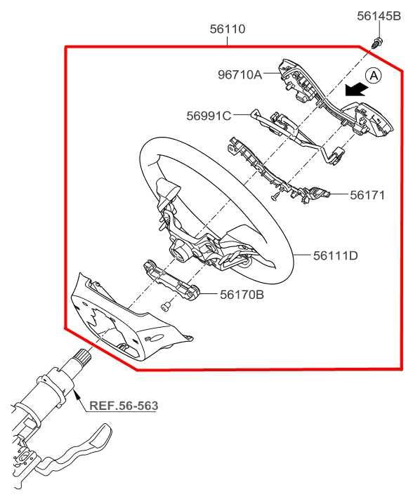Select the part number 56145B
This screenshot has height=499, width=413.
point(379,15)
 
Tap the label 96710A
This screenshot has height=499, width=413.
point(238,74)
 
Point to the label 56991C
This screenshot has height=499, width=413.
point(209,116)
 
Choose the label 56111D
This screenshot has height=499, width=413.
point(335,255)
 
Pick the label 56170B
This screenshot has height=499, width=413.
point(242,295)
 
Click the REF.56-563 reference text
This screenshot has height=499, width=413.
point(124,406)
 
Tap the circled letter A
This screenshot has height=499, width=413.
point(374,75)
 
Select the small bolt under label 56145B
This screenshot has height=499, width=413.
point(379,41)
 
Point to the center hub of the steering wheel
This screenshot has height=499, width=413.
point(178,248)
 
